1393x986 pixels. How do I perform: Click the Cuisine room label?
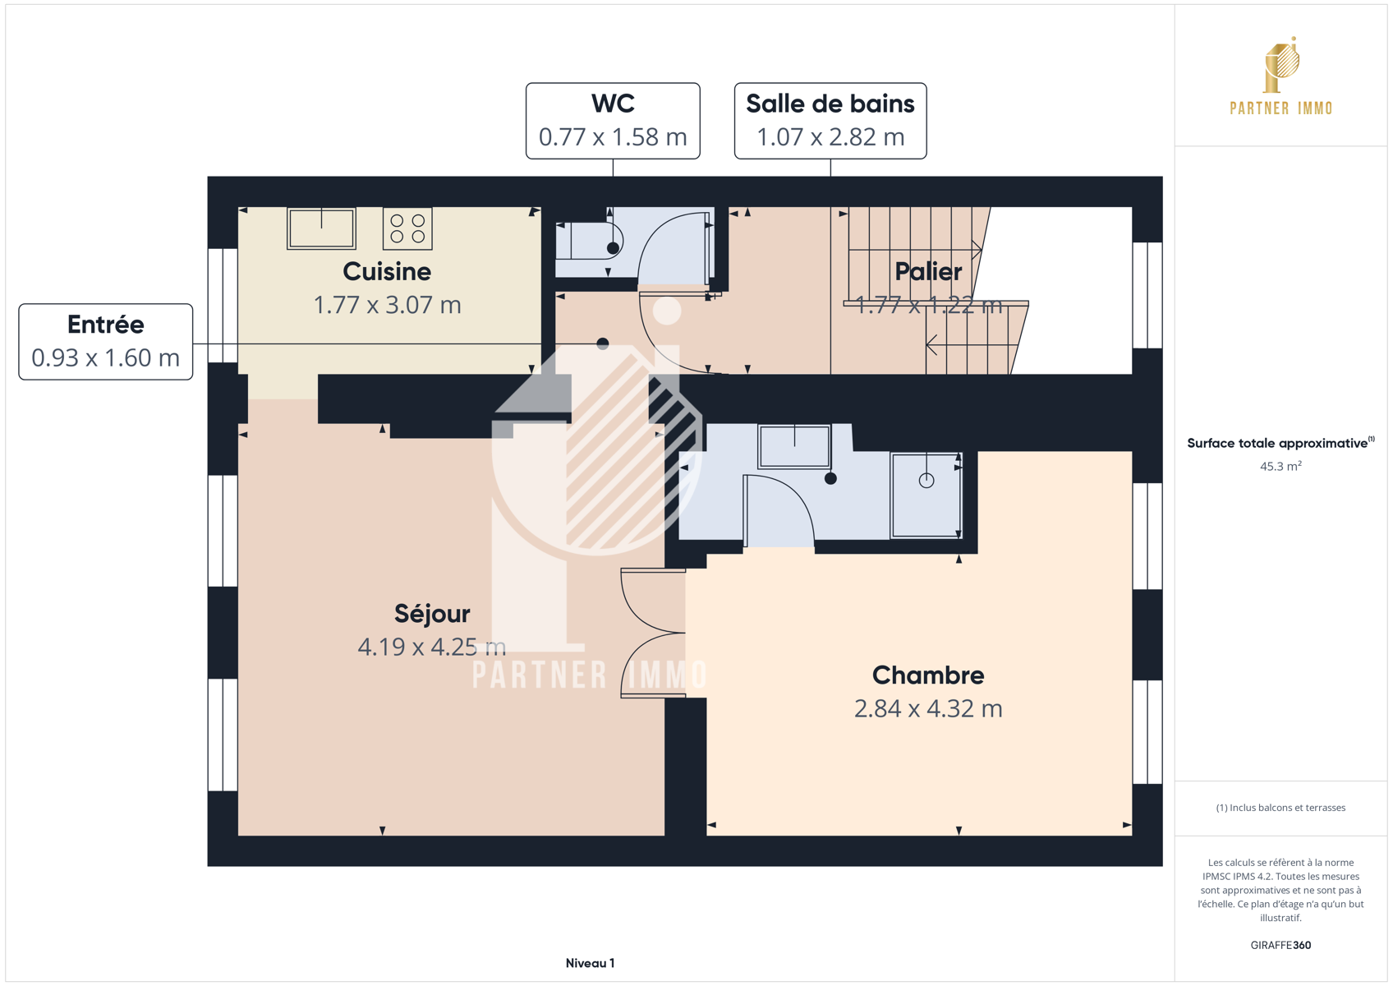pos(387,272)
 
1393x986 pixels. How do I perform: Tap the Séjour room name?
pos(432,614)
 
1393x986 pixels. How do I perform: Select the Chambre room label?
pos(928,675)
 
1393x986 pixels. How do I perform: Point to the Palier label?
pos(928,271)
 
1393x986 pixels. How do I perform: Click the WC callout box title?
pos(613,104)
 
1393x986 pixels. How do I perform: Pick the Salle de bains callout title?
pos(830,104)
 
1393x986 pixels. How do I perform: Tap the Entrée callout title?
pos(106,324)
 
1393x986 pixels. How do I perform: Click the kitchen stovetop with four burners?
pos(407,228)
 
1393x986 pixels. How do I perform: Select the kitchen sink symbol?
pos(321,228)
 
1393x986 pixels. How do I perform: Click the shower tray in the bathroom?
pos(926,495)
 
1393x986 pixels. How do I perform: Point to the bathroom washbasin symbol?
pos(794,446)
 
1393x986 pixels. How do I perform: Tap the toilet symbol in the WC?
pos(589,240)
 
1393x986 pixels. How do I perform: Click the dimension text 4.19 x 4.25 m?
pos(431,647)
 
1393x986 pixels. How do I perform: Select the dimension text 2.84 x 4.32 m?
pos(928,708)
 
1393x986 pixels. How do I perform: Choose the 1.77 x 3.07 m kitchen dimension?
pos(387,305)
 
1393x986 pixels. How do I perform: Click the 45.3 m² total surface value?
pos(1280,466)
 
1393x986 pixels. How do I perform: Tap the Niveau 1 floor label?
pos(590,963)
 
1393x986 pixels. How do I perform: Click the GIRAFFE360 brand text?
pos(1280,945)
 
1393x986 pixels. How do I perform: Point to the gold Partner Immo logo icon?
pos(1281,64)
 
